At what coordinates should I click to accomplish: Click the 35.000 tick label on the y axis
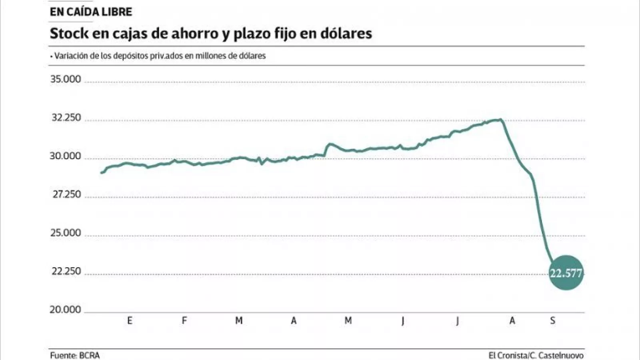click(66, 79)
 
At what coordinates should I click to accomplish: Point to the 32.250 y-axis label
click(66, 118)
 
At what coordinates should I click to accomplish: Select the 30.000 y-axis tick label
click(65, 156)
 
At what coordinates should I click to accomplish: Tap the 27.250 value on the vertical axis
click(67, 194)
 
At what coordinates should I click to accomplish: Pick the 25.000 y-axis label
click(66, 233)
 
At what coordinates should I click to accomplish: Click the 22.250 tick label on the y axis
click(66, 271)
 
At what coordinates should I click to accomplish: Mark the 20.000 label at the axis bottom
click(65, 310)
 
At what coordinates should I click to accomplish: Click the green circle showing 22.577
click(566, 273)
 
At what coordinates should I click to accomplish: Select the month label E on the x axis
click(130, 320)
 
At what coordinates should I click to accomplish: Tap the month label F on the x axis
click(184, 320)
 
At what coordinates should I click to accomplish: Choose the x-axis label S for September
click(552, 320)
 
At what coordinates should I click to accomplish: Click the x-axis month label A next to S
click(512, 320)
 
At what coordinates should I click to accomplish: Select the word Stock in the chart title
click(69, 33)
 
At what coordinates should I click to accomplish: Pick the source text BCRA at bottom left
click(89, 355)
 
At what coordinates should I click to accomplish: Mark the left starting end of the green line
click(101, 173)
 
